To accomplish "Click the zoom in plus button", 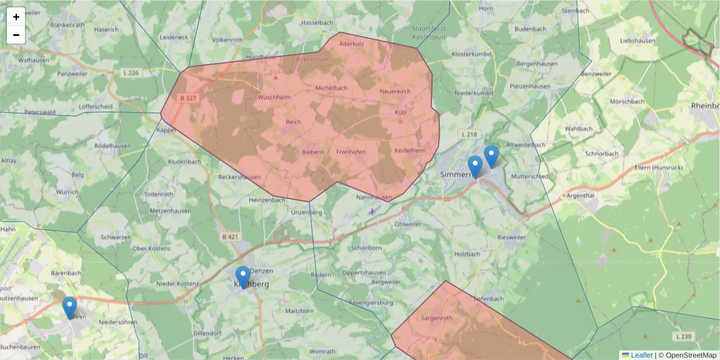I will tap(16, 17).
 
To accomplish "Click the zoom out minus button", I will tap(16, 35).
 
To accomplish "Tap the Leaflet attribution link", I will tap(641, 355).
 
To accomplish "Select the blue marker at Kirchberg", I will tap(243, 277).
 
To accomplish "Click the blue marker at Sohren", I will tap(70, 307).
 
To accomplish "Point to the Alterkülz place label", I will tap(352, 44).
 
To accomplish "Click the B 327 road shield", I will tap(188, 97).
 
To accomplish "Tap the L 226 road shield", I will tap(130, 73).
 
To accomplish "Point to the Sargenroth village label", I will tap(436, 317).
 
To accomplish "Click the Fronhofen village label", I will tap(350, 152).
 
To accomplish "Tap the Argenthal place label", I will tap(580, 196).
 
